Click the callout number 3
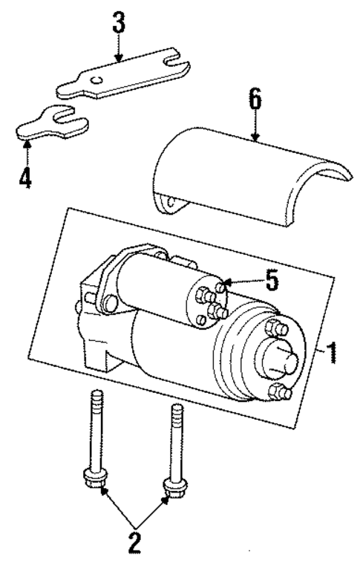[117, 22]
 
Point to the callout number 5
[272, 281]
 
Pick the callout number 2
[135, 541]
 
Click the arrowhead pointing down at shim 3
[117, 58]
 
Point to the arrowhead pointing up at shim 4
[27, 146]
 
